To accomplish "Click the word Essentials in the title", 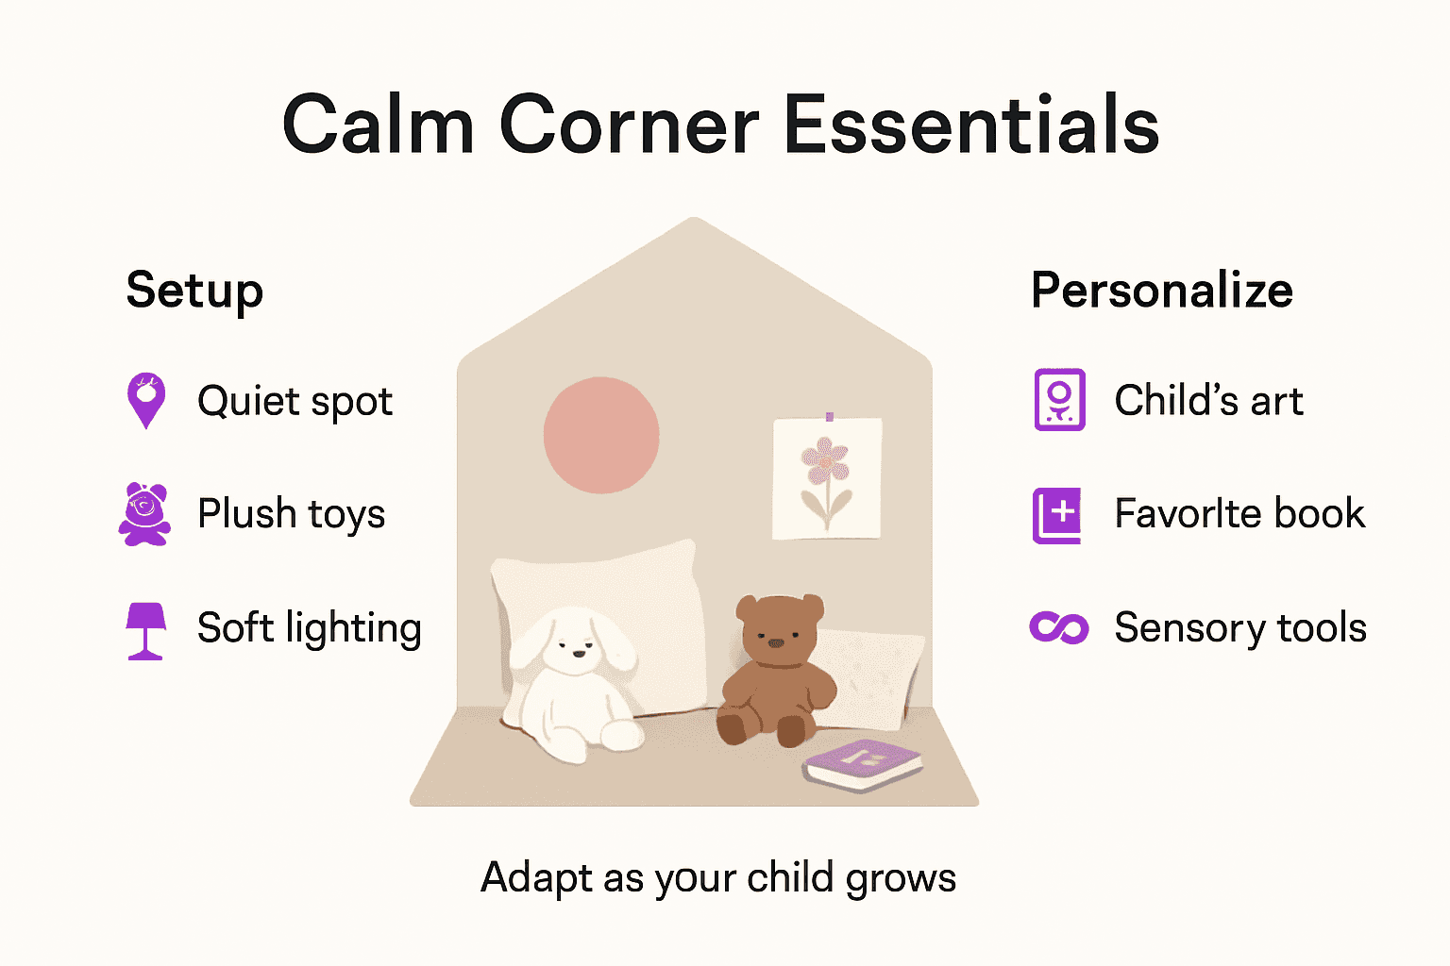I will [x=971, y=125].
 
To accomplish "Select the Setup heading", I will [x=194, y=290].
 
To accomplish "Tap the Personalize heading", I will [x=1161, y=290].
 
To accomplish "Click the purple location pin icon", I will [x=146, y=400].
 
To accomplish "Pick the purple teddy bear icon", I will [x=144, y=514].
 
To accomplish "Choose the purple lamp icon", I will [x=145, y=629].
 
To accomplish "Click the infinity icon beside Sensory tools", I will [x=1059, y=627].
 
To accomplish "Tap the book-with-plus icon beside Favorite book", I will [x=1057, y=515].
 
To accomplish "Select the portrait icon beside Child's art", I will [x=1059, y=400].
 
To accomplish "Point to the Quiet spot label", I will [x=295, y=402].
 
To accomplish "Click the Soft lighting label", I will [x=309, y=628].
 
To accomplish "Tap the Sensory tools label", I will [x=1240, y=628].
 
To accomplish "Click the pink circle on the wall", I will [x=601, y=435].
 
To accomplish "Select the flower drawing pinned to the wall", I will [x=827, y=479].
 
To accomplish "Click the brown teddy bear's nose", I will [x=775, y=643].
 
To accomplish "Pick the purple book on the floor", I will [x=862, y=763].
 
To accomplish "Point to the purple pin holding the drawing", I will [x=829, y=416].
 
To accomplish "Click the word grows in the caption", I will [x=901, y=878].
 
